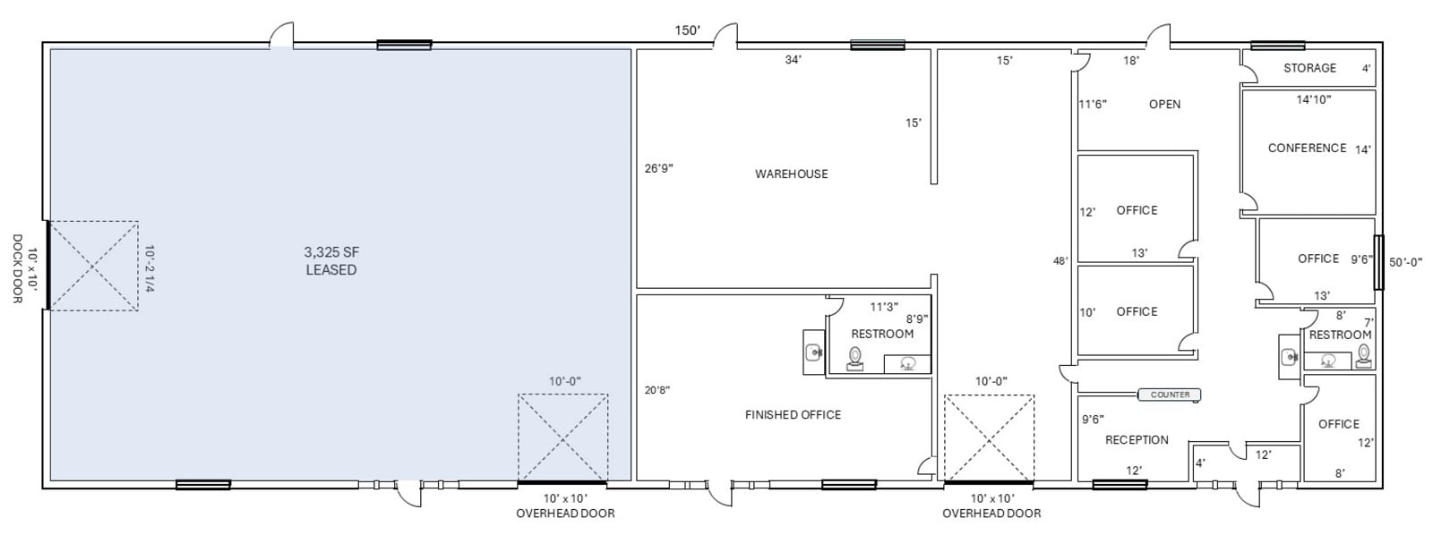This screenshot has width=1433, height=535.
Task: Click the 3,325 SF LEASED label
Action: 331,261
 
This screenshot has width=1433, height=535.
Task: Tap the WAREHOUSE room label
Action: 791,174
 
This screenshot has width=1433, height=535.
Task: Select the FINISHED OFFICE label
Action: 793,414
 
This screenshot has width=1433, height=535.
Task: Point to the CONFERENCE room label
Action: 1307,148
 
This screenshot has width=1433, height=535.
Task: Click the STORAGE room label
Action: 1309,68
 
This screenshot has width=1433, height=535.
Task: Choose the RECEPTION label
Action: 1137,439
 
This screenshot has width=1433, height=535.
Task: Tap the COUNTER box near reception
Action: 1170,395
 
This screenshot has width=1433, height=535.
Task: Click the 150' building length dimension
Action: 687,30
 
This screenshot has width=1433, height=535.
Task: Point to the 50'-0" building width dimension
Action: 1410,262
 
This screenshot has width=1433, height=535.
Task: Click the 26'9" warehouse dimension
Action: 659,167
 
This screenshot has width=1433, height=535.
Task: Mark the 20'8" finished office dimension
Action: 657,389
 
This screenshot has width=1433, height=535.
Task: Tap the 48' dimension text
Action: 1060,261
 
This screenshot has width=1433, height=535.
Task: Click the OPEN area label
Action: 1164,104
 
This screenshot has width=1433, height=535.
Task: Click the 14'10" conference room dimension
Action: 1314,99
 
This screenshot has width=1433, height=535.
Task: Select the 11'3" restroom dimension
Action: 884,306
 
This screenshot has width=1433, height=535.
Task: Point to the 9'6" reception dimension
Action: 1093,419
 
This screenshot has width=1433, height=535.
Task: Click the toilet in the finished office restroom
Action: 855,359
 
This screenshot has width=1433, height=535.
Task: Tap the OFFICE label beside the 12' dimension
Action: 1137,210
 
